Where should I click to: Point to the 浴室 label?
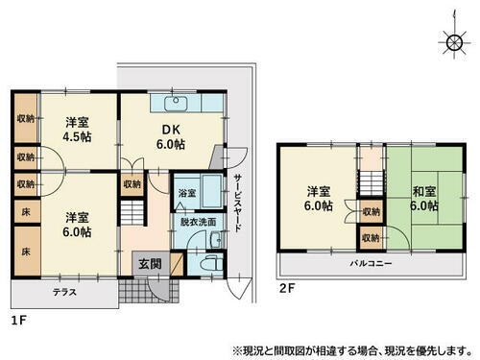point(186,193)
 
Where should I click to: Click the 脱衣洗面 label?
point(198,223)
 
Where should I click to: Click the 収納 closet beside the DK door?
point(132,182)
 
